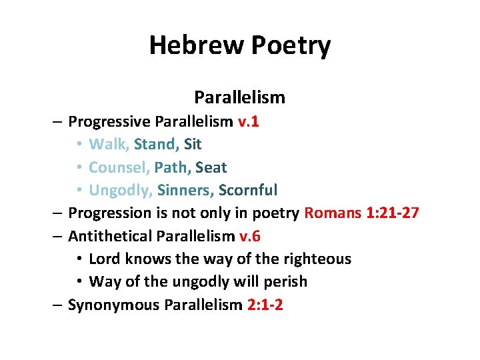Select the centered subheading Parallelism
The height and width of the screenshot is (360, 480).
[x=239, y=97]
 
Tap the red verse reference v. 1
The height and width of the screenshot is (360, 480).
[x=249, y=121]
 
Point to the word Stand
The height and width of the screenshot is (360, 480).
[x=156, y=144]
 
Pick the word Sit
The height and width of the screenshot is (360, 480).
[x=193, y=144]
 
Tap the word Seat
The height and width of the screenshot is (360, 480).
[x=211, y=167]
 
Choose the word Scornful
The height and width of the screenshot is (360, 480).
[x=248, y=190]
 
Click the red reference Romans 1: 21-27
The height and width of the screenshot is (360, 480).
[x=361, y=213]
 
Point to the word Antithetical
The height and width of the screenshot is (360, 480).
[x=109, y=236]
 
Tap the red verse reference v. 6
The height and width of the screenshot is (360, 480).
[x=249, y=236]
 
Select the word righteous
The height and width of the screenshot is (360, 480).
[x=317, y=259]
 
